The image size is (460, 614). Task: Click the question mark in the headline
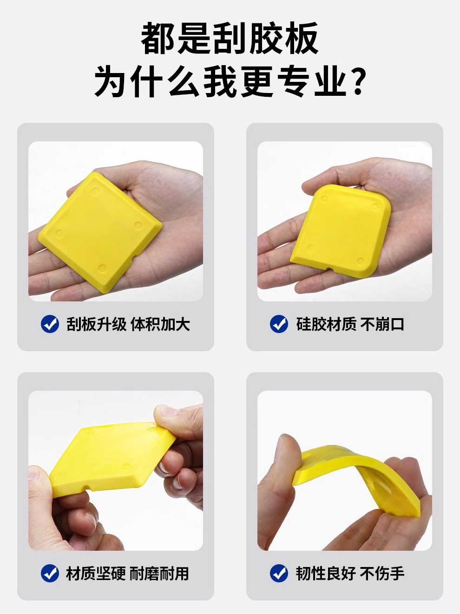click(x=356, y=82)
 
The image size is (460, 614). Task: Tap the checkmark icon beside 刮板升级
click(x=50, y=324)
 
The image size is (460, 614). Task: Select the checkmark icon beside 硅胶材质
click(x=279, y=324)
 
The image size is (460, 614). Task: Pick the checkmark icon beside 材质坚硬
click(x=50, y=573)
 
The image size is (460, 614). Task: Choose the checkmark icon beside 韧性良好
click(x=279, y=573)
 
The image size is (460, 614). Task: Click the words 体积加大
click(x=160, y=324)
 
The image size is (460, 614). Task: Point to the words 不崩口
click(x=382, y=324)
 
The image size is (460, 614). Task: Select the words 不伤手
click(x=382, y=574)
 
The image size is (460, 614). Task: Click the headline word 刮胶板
click(x=266, y=39)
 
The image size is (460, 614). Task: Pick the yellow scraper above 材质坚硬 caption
click(x=112, y=458)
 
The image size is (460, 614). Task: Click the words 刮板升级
click(x=96, y=324)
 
